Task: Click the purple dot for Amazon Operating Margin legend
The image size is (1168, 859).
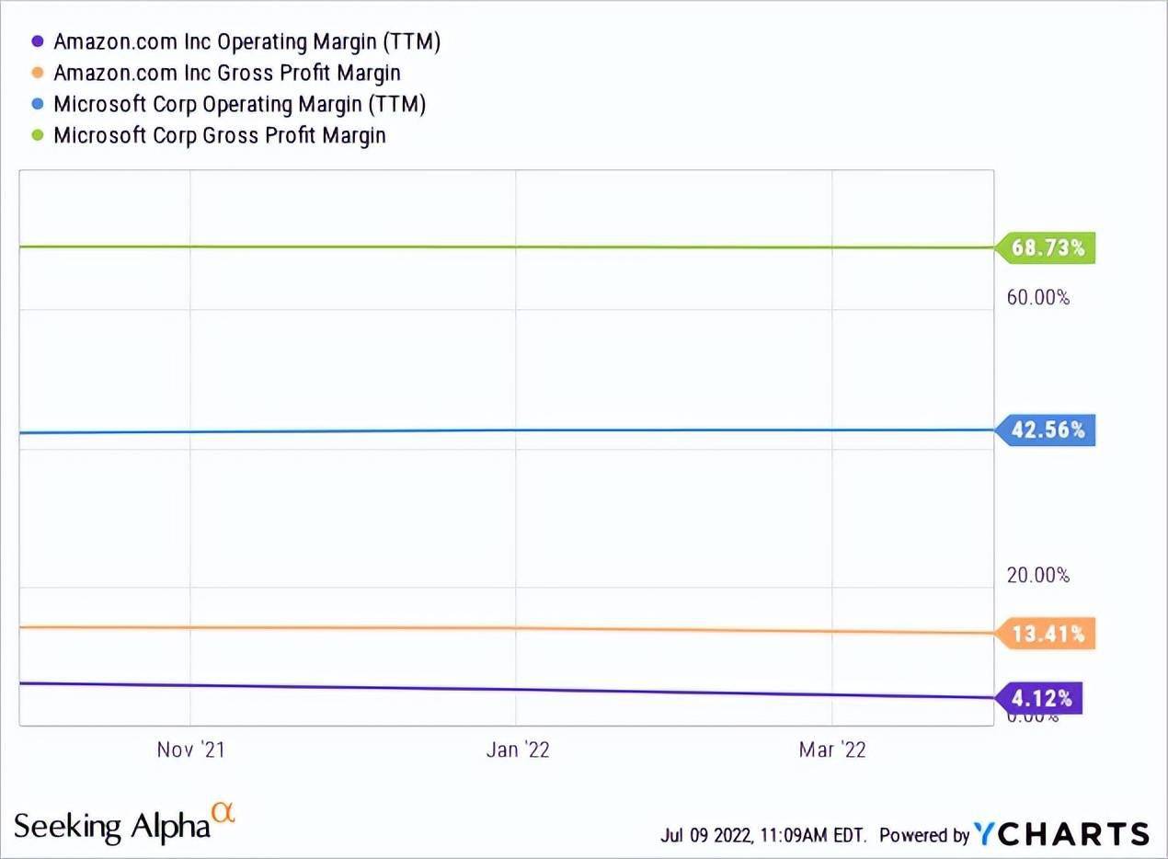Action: click(38, 41)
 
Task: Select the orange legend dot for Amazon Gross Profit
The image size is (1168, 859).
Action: click(38, 73)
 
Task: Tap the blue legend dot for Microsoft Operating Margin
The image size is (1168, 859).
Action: click(38, 104)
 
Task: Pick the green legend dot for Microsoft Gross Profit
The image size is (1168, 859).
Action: click(38, 135)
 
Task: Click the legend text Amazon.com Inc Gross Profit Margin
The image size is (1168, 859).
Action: click(227, 73)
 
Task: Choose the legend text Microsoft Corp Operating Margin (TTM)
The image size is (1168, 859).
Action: click(239, 104)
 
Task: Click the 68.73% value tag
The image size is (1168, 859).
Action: click(1047, 248)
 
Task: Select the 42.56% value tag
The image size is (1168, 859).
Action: click(1047, 430)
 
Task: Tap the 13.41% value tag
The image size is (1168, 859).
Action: click(1047, 634)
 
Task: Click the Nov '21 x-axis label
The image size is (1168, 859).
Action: click(190, 750)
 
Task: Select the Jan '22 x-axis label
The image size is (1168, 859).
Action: click(518, 750)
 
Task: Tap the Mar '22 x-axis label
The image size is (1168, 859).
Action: click(832, 750)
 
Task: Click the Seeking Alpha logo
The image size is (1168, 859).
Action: click(112, 825)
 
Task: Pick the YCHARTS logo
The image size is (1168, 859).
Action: click(1061, 834)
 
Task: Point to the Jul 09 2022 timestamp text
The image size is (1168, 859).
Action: click(762, 835)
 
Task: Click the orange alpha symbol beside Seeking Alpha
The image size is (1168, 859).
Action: click(223, 812)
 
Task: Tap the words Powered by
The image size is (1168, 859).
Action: click(923, 835)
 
